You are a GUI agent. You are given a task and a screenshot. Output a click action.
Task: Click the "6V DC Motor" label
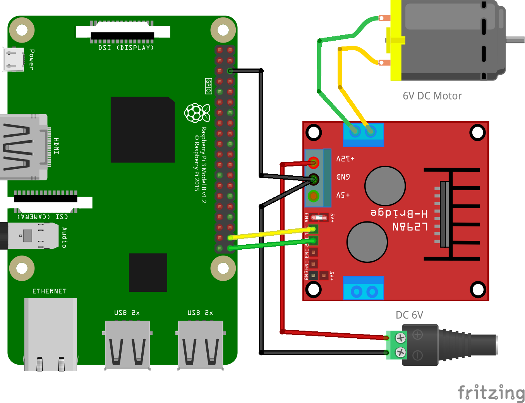point(432,96)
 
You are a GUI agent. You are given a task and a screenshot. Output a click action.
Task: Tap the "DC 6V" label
point(409,315)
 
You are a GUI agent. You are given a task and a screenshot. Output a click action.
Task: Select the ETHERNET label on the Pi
point(50,291)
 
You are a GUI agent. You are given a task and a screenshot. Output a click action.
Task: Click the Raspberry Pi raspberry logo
point(197,113)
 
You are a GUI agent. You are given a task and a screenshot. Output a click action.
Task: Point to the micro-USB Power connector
point(14,59)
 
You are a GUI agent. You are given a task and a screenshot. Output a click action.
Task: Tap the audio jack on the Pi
point(29,235)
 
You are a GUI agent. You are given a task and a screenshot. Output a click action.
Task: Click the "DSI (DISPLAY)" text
point(126,48)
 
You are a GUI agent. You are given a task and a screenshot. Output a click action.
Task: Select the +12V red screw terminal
point(314,163)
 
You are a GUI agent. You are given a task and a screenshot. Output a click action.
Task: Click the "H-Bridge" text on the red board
point(399,213)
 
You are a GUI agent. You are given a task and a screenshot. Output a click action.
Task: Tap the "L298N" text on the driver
point(410,226)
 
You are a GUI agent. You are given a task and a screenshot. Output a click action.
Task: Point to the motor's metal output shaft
point(515,40)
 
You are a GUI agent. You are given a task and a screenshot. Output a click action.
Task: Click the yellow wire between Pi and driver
point(271,233)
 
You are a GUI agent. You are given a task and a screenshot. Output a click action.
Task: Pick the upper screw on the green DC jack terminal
point(400,338)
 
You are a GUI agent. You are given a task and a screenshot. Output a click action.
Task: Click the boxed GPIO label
point(208,86)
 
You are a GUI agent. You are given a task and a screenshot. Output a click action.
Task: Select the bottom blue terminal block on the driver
point(363,288)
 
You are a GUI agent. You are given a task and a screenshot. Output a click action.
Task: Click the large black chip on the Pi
point(142,130)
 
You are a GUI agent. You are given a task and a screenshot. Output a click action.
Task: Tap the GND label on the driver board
point(343,177)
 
